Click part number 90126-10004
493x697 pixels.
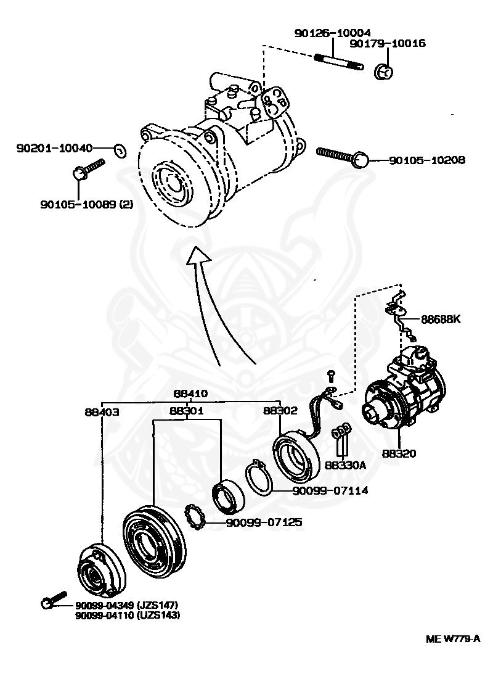pyautogui.click(x=332, y=33)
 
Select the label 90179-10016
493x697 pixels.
pyautogui.click(x=396, y=44)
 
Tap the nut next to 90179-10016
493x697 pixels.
pyautogui.click(x=383, y=72)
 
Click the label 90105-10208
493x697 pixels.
pyautogui.click(x=426, y=160)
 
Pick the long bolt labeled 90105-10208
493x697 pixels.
pyautogui.click(x=342, y=155)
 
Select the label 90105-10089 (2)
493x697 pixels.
pyautogui.click(x=92, y=203)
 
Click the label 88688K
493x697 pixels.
pyautogui.click(x=441, y=320)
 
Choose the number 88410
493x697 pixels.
pyautogui.click(x=190, y=394)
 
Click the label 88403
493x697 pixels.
pyautogui.click(x=102, y=411)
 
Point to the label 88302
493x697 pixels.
pyautogui.click(x=280, y=411)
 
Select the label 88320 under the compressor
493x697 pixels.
pyautogui.click(x=399, y=453)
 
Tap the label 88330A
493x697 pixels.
pyautogui.click(x=346, y=464)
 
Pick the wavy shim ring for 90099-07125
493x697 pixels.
pyautogui.click(x=196, y=517)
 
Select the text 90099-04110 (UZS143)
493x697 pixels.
pyautogui.click(x=128, y=615)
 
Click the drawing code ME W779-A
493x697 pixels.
pyautogui.click(x=452, y=639)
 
